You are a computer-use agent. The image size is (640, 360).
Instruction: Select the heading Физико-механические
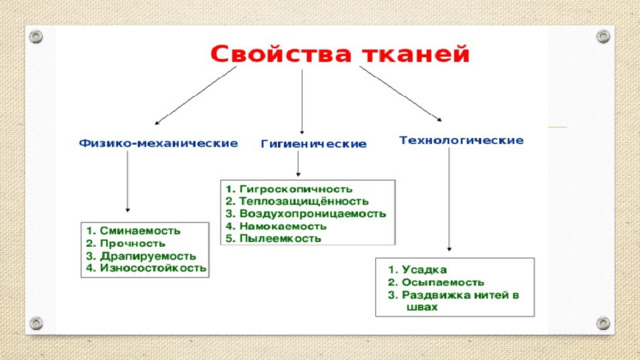coord(158,143)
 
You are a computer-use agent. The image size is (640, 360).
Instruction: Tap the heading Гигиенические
coord(313,144)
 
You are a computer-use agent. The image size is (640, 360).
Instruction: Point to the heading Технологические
coord(461,140)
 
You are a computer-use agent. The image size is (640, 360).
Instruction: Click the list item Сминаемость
coord(140,231)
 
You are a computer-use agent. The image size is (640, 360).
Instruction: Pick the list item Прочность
coord(133,243)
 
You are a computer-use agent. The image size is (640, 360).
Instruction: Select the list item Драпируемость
coord(148,256)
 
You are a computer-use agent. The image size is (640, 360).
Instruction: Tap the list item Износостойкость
coord(153,268)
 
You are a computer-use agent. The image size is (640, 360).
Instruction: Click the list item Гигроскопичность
coord(296,189)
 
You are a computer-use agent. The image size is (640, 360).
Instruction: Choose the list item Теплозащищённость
coord(304,201)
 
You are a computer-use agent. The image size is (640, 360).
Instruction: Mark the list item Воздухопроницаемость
coord(313,213)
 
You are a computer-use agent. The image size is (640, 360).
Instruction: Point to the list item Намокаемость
coord(283,226)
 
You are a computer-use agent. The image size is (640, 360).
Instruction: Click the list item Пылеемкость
coord(280,238)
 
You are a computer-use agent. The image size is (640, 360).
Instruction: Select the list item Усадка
coord(424,269)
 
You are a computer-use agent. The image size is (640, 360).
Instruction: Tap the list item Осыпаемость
coord(443,282)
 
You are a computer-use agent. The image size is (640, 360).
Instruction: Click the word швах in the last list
coord(422,307)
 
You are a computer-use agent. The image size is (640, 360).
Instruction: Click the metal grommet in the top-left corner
coord(36,37)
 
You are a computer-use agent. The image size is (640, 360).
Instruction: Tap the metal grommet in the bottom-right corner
coord(603,323)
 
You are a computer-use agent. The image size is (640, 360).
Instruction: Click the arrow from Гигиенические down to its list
coord(298,164)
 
